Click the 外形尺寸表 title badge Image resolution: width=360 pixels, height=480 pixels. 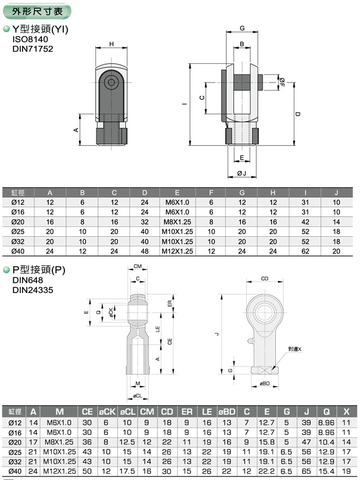pos(37,12)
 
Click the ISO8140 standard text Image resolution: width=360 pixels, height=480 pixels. pos(30,39)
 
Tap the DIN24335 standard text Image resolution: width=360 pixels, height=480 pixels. pos(33,290)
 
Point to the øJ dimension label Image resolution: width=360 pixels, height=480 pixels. pos(242,174)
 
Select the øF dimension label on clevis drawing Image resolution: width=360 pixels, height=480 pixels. pos(282,82)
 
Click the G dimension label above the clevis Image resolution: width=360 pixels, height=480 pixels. pos(242,28)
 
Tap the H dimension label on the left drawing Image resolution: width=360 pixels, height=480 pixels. pos(111,44)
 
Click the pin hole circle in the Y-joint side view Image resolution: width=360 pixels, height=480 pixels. pos(111,82)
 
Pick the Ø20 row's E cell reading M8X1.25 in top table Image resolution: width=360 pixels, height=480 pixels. pos(177,222)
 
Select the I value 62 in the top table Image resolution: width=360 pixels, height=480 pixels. pos(305,251)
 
